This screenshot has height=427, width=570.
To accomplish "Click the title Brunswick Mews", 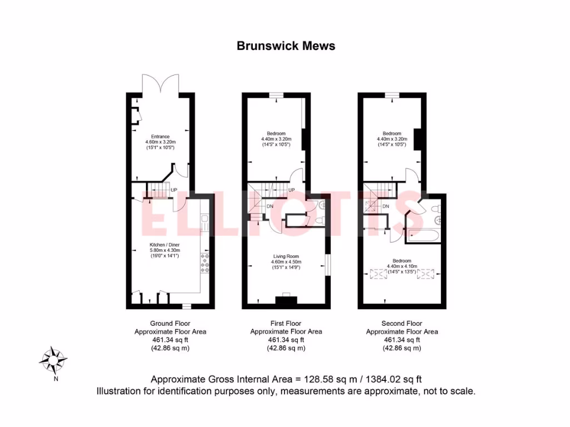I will click(x=286, y=46).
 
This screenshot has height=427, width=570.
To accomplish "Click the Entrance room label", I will click(x=160, y=136).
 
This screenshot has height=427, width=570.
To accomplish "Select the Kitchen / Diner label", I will click(x=164, y=245).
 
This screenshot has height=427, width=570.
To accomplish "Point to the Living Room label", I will click(x=286, y=256).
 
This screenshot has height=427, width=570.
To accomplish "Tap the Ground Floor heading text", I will click(x=170, y=323).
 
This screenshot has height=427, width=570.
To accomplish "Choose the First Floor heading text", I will click(x=286, y=323).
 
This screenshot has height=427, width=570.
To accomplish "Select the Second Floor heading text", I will click(x=402, y=323).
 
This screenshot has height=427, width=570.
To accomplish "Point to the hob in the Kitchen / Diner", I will click(x=204, y=266).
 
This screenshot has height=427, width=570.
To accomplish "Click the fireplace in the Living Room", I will click(x=286, y=301).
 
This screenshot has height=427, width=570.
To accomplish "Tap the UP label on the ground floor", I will click(x=174, y=190).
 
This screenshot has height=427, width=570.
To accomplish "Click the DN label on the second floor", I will click(x=385, y=207).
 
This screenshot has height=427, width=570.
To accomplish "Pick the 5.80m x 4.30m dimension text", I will click(x=164, y=251).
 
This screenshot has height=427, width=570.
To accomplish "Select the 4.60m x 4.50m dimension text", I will click(x=286, y=262).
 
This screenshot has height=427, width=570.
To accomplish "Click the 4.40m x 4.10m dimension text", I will click(x=401, y=266).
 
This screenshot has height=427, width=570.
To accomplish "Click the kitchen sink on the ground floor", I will click(x=204, y=224).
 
